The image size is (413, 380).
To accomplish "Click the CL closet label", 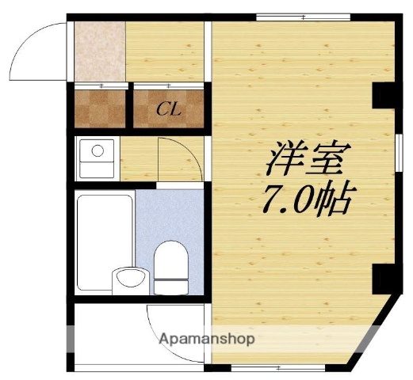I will click(167, 108).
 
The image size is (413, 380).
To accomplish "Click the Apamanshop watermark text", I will click(207, 340).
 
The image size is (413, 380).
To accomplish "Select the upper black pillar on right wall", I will click(383, 94).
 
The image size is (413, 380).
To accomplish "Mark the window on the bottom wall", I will click(280, 368).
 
